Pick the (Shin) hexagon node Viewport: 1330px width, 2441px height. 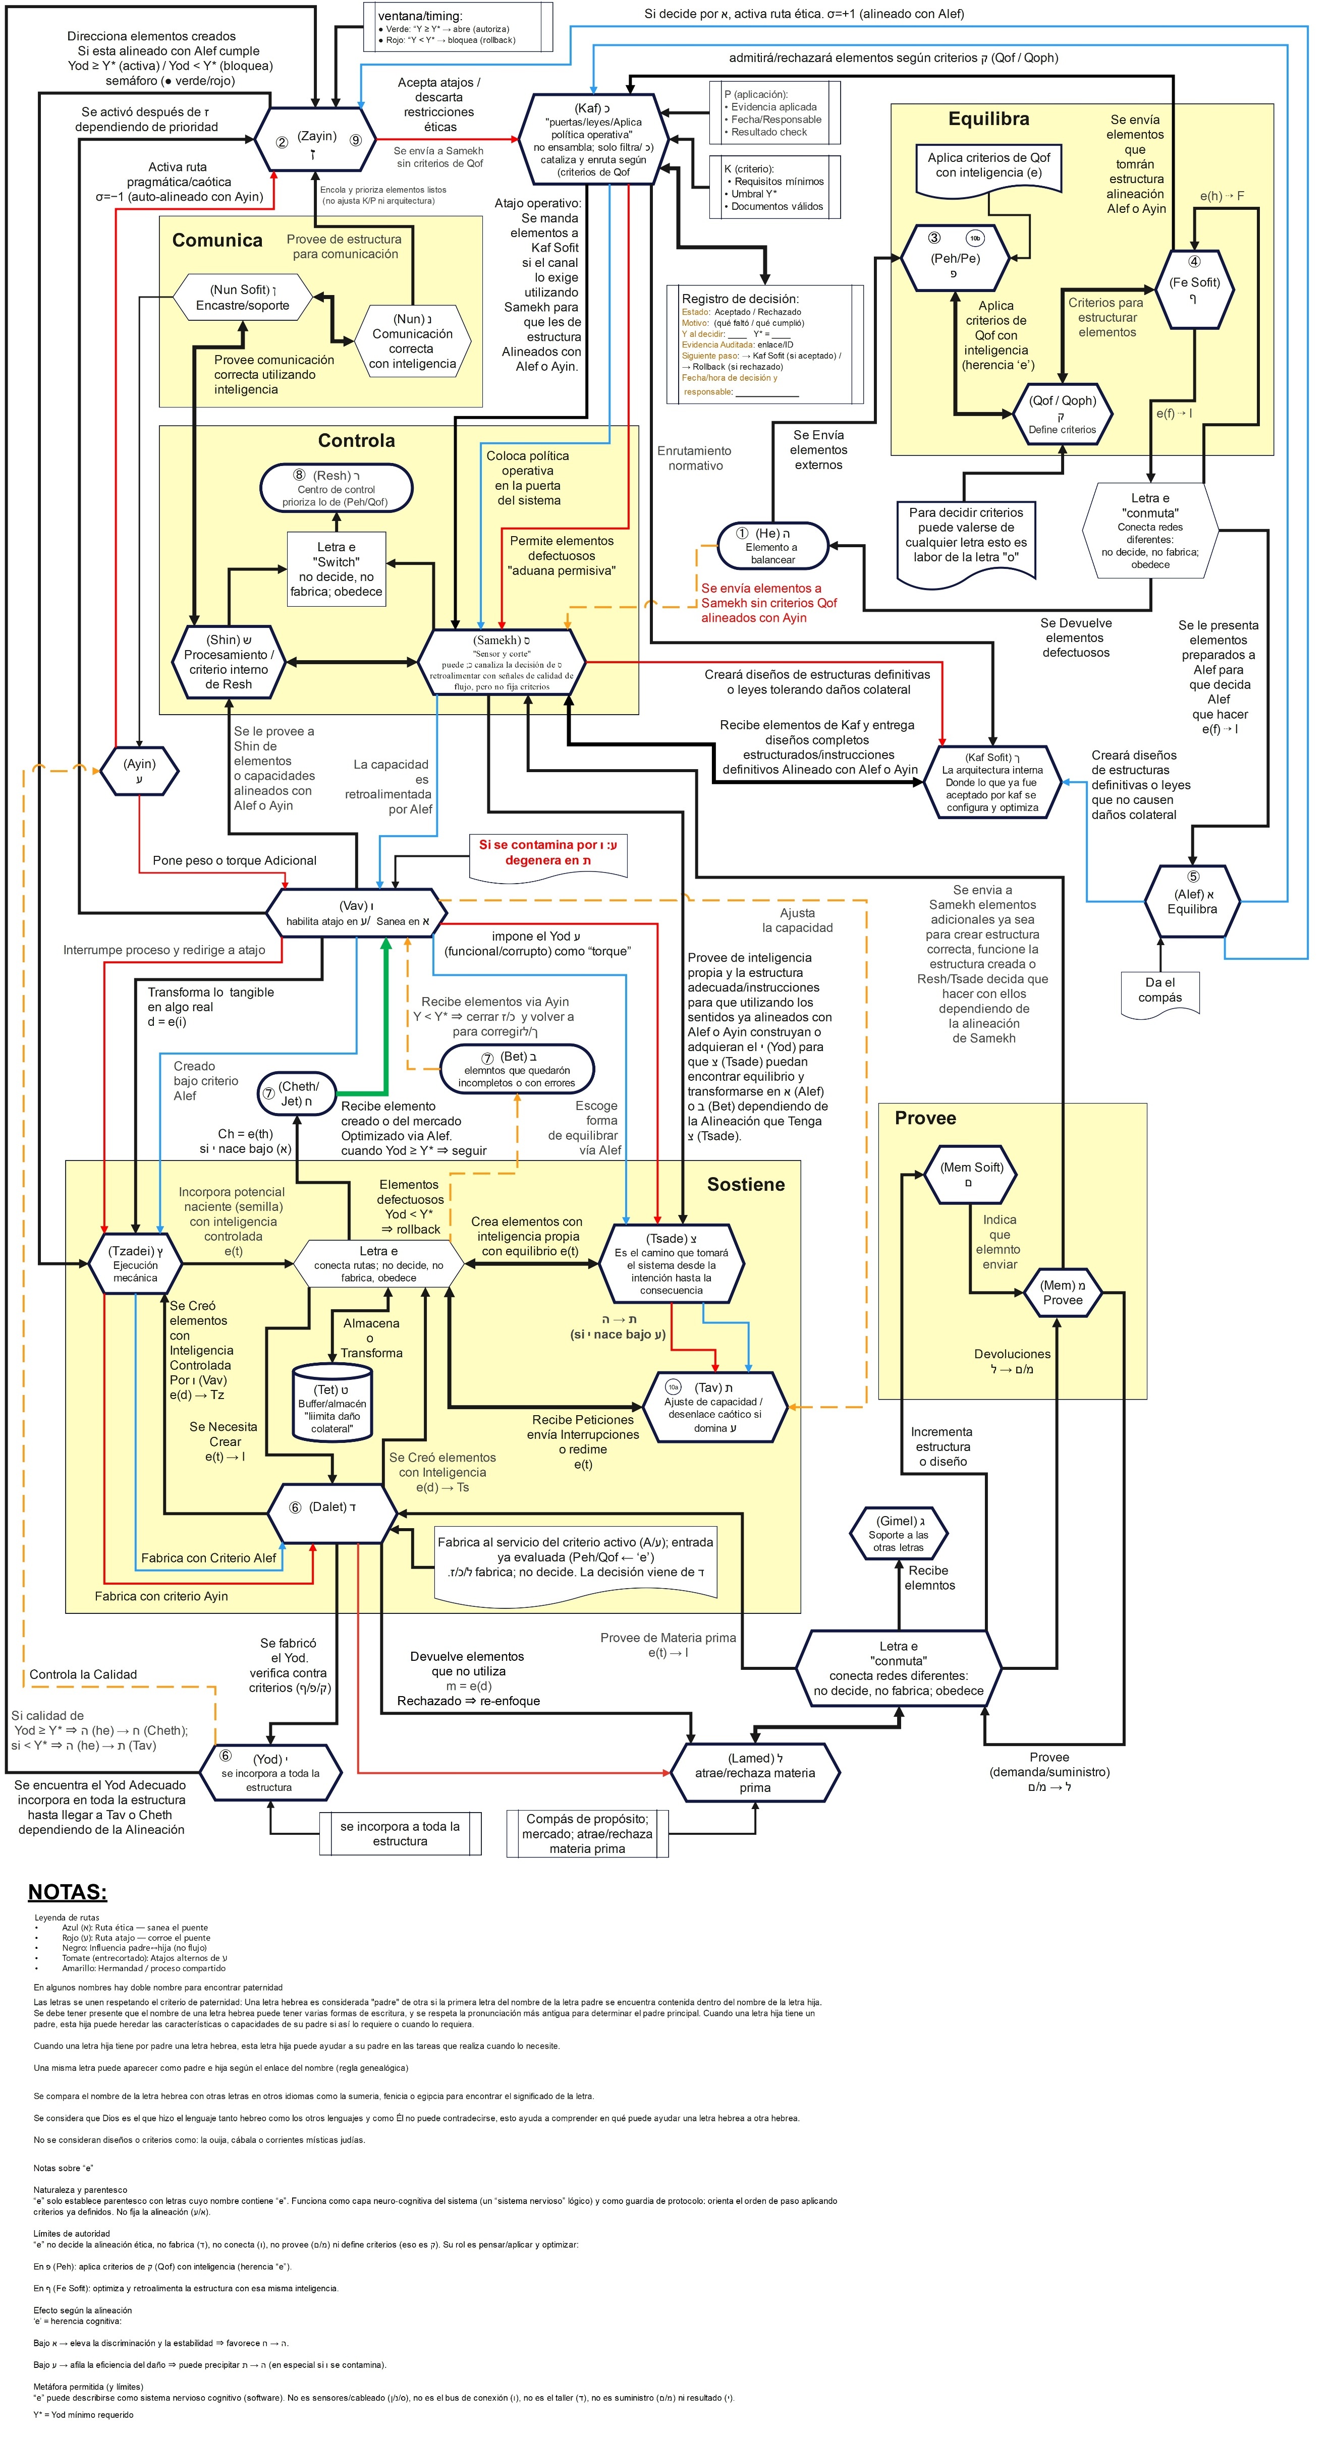pyautogui.click(x=229, y=661)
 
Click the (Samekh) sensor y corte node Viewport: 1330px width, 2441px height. pyautogui.click(x=502, y=661)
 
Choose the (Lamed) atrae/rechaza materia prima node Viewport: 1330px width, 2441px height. pyautogui.click(x=755, y=1772)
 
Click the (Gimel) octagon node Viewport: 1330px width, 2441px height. pyautogui.click(x=898, y=1533)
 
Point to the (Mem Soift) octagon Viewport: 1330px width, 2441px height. pyautogui.click(x=971, y=1174)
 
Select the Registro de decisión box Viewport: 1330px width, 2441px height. pyautogui.click(x=764, y=344)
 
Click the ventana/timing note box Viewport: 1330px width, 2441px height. pyautogui.click(x=458, y=27)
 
